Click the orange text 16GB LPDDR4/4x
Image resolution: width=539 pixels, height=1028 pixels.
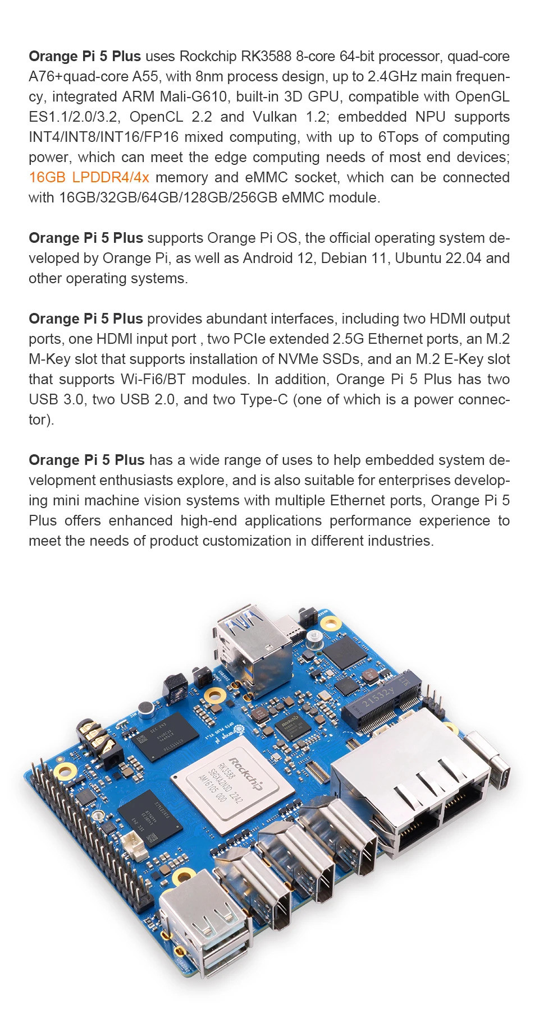point(89,178)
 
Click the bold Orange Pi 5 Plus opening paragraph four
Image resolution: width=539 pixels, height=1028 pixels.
point(86,460)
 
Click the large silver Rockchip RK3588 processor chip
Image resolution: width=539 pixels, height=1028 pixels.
point(232,783)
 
